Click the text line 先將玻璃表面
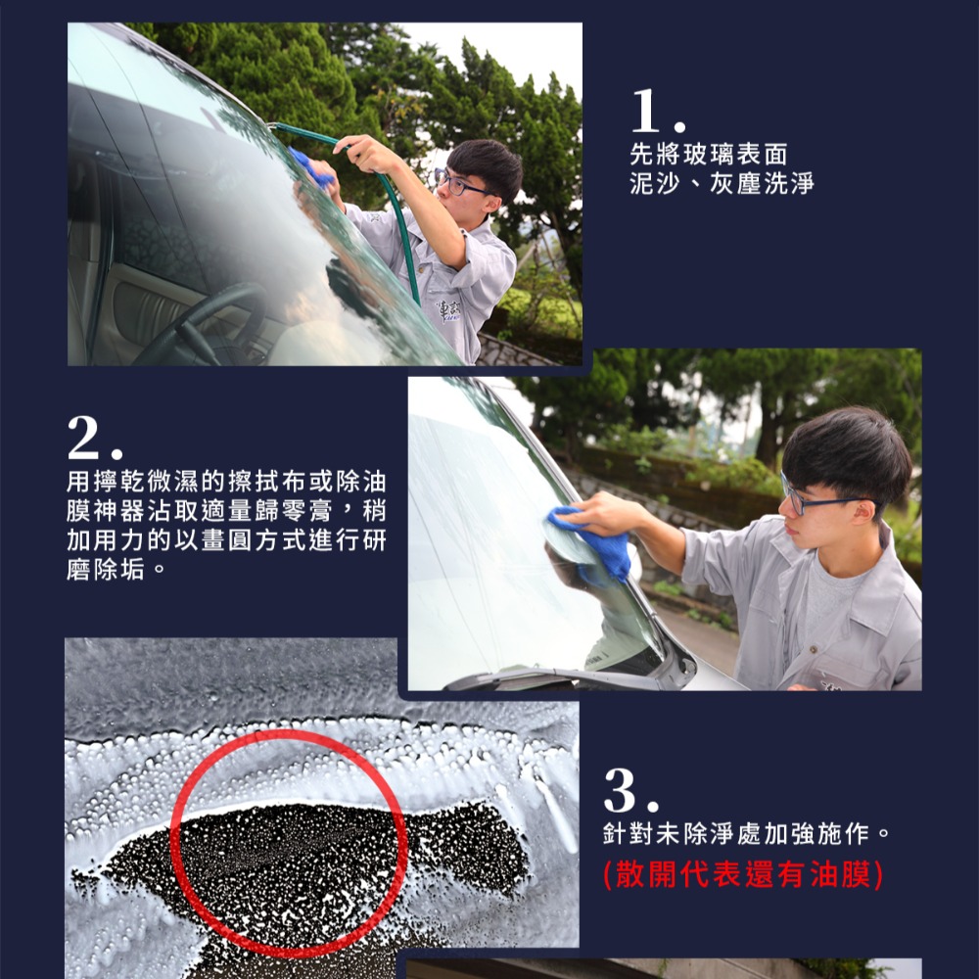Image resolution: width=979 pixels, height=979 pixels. (x=708, y=155)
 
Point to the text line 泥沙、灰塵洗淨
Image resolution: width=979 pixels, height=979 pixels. (x=722, y=183)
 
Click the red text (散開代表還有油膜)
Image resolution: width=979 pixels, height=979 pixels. (x=744, y=873)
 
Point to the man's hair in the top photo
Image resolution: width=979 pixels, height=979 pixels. (x=486, y=161)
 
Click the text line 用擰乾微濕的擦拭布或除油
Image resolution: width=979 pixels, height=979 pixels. (x=225, y=483)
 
